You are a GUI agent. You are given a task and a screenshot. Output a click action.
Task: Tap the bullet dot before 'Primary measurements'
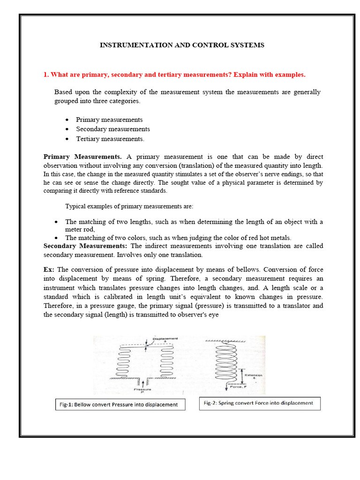(x=67, y=120)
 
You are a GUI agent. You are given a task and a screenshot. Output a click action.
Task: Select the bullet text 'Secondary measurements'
(x=113, y=129)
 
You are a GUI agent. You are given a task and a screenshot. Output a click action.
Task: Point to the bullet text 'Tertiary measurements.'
(x=110, y=139)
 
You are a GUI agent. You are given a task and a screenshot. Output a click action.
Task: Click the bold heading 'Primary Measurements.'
(x=82, y=157)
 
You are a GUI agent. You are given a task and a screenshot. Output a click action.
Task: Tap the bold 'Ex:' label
(x=49, y=270)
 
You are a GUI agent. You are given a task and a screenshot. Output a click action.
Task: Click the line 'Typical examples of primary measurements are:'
(x=129, y=206)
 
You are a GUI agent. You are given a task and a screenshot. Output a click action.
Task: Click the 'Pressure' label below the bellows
(x=141, y=390)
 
